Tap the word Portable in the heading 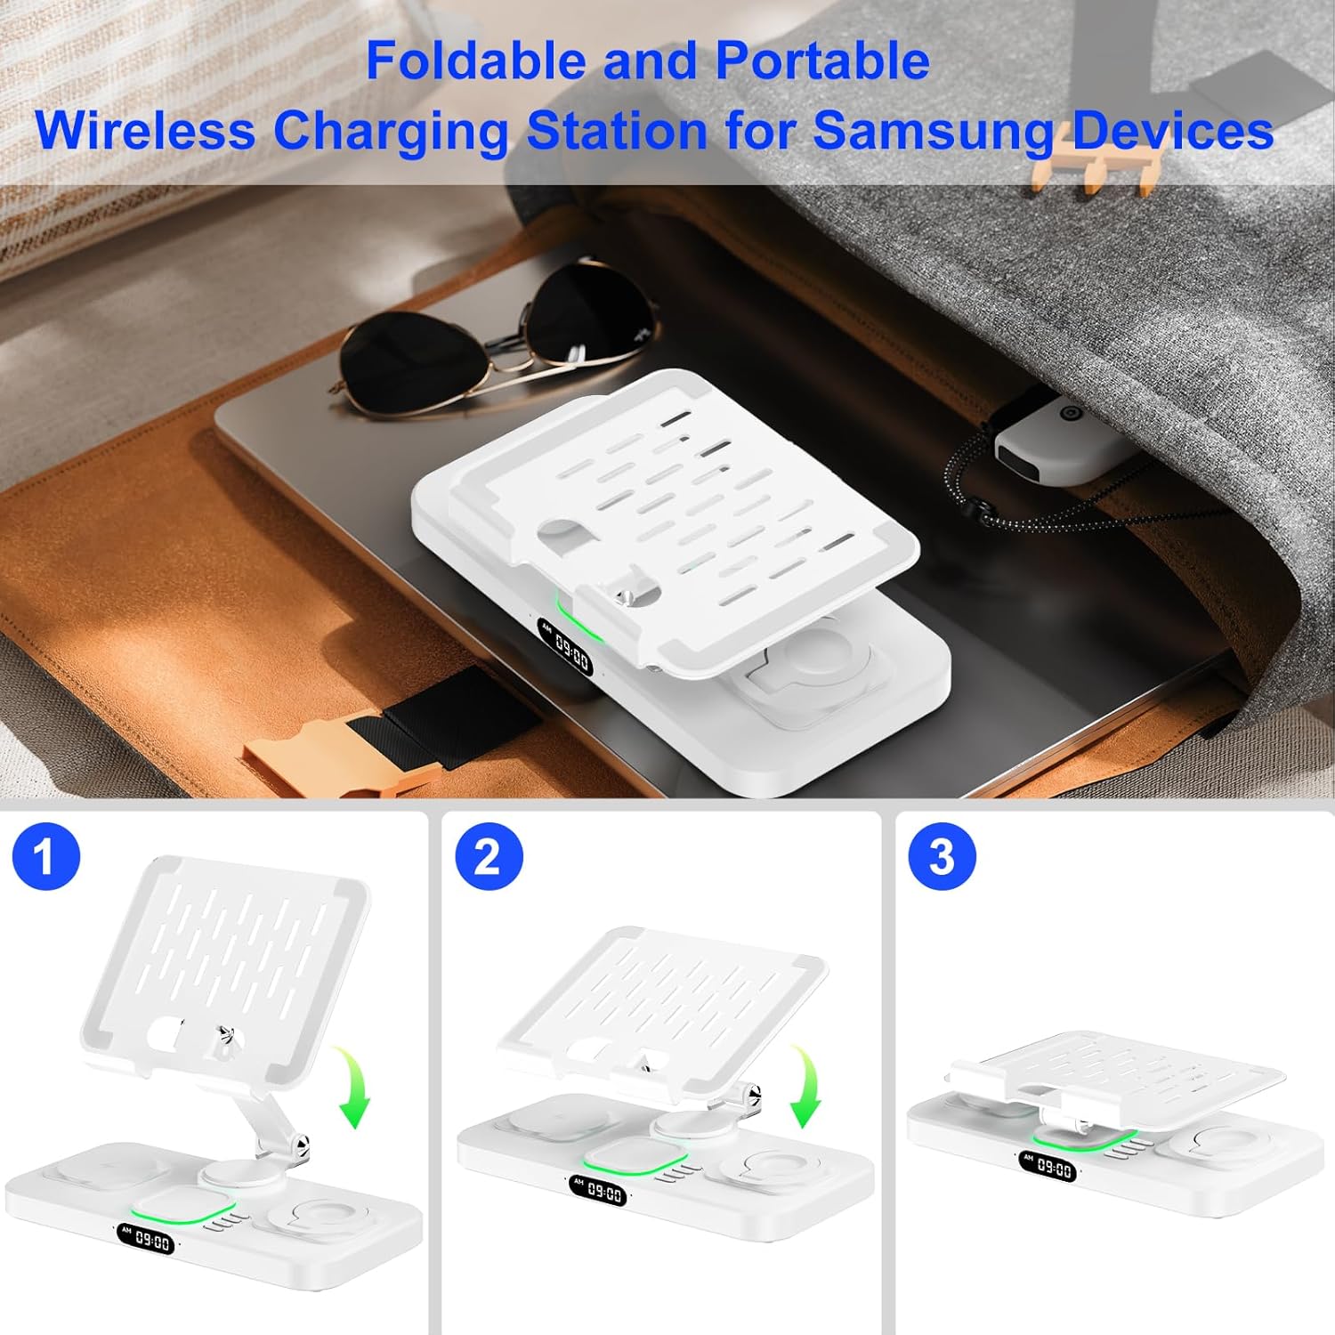822,61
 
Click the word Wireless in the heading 145,130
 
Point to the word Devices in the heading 1173,130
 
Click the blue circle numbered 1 46,856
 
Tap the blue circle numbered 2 488,856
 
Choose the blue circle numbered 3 942,856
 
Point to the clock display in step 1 145,1240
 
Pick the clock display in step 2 597,1191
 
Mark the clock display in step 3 1048,1167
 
